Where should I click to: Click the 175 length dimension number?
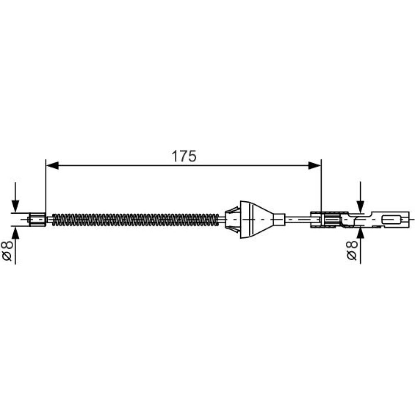184,156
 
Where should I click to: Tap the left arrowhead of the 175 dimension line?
52,166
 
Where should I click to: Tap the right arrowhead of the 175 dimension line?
315,166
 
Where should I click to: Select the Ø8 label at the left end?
7,251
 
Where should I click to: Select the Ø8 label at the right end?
352,250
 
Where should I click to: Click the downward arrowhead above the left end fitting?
16,206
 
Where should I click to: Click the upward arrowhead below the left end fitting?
16,232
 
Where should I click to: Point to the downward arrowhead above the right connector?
360,206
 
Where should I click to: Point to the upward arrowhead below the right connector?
360,233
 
